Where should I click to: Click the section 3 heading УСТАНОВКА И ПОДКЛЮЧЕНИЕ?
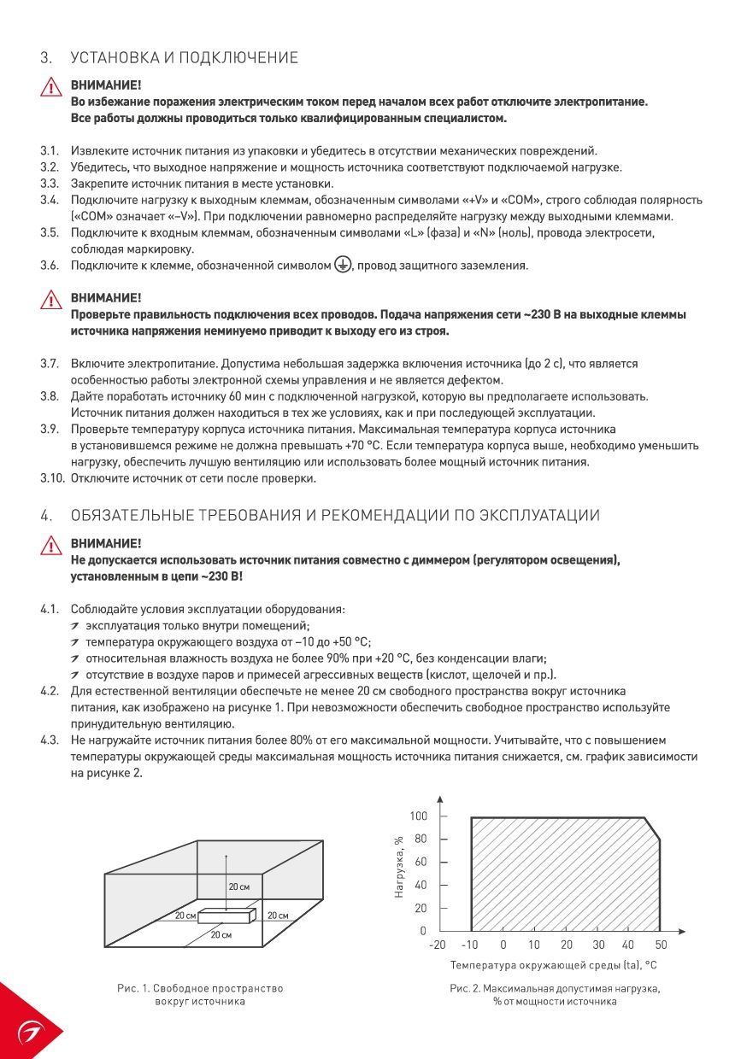click(x=184, y=58)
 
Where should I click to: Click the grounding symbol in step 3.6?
click(x=342, y=265)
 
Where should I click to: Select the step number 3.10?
click(x=52, y=478)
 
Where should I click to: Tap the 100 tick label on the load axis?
click(x=417, y=816)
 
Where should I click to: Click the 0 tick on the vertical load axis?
click(x=422, y=931)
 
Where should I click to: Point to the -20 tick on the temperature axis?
click(x=437, y=945)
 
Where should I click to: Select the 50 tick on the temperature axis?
click(x=662, y=945)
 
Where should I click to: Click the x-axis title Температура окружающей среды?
click(x=554, y=965)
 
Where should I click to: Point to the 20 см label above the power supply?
click(x=239, y=887)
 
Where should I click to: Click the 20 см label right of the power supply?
click(x=278, y=916)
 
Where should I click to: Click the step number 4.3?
click(x=50, y=740)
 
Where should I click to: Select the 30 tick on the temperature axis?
click(x=598, y=945)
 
